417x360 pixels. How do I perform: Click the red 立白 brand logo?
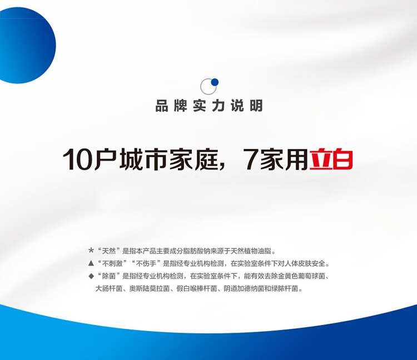331,159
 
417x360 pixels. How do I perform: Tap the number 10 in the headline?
78,159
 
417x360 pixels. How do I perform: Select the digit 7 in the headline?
251,159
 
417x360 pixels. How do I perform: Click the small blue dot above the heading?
215,82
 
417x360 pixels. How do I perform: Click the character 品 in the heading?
162,106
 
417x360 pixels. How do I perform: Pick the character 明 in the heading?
256,106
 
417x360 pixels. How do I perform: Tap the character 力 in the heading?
219,106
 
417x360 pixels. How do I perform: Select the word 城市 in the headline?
143,159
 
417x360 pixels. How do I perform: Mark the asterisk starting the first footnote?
91,250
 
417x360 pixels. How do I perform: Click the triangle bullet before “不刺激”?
91,263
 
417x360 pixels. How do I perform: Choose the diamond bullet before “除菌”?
91,276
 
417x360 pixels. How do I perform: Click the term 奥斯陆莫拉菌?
150,288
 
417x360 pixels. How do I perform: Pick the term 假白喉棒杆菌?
197,288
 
